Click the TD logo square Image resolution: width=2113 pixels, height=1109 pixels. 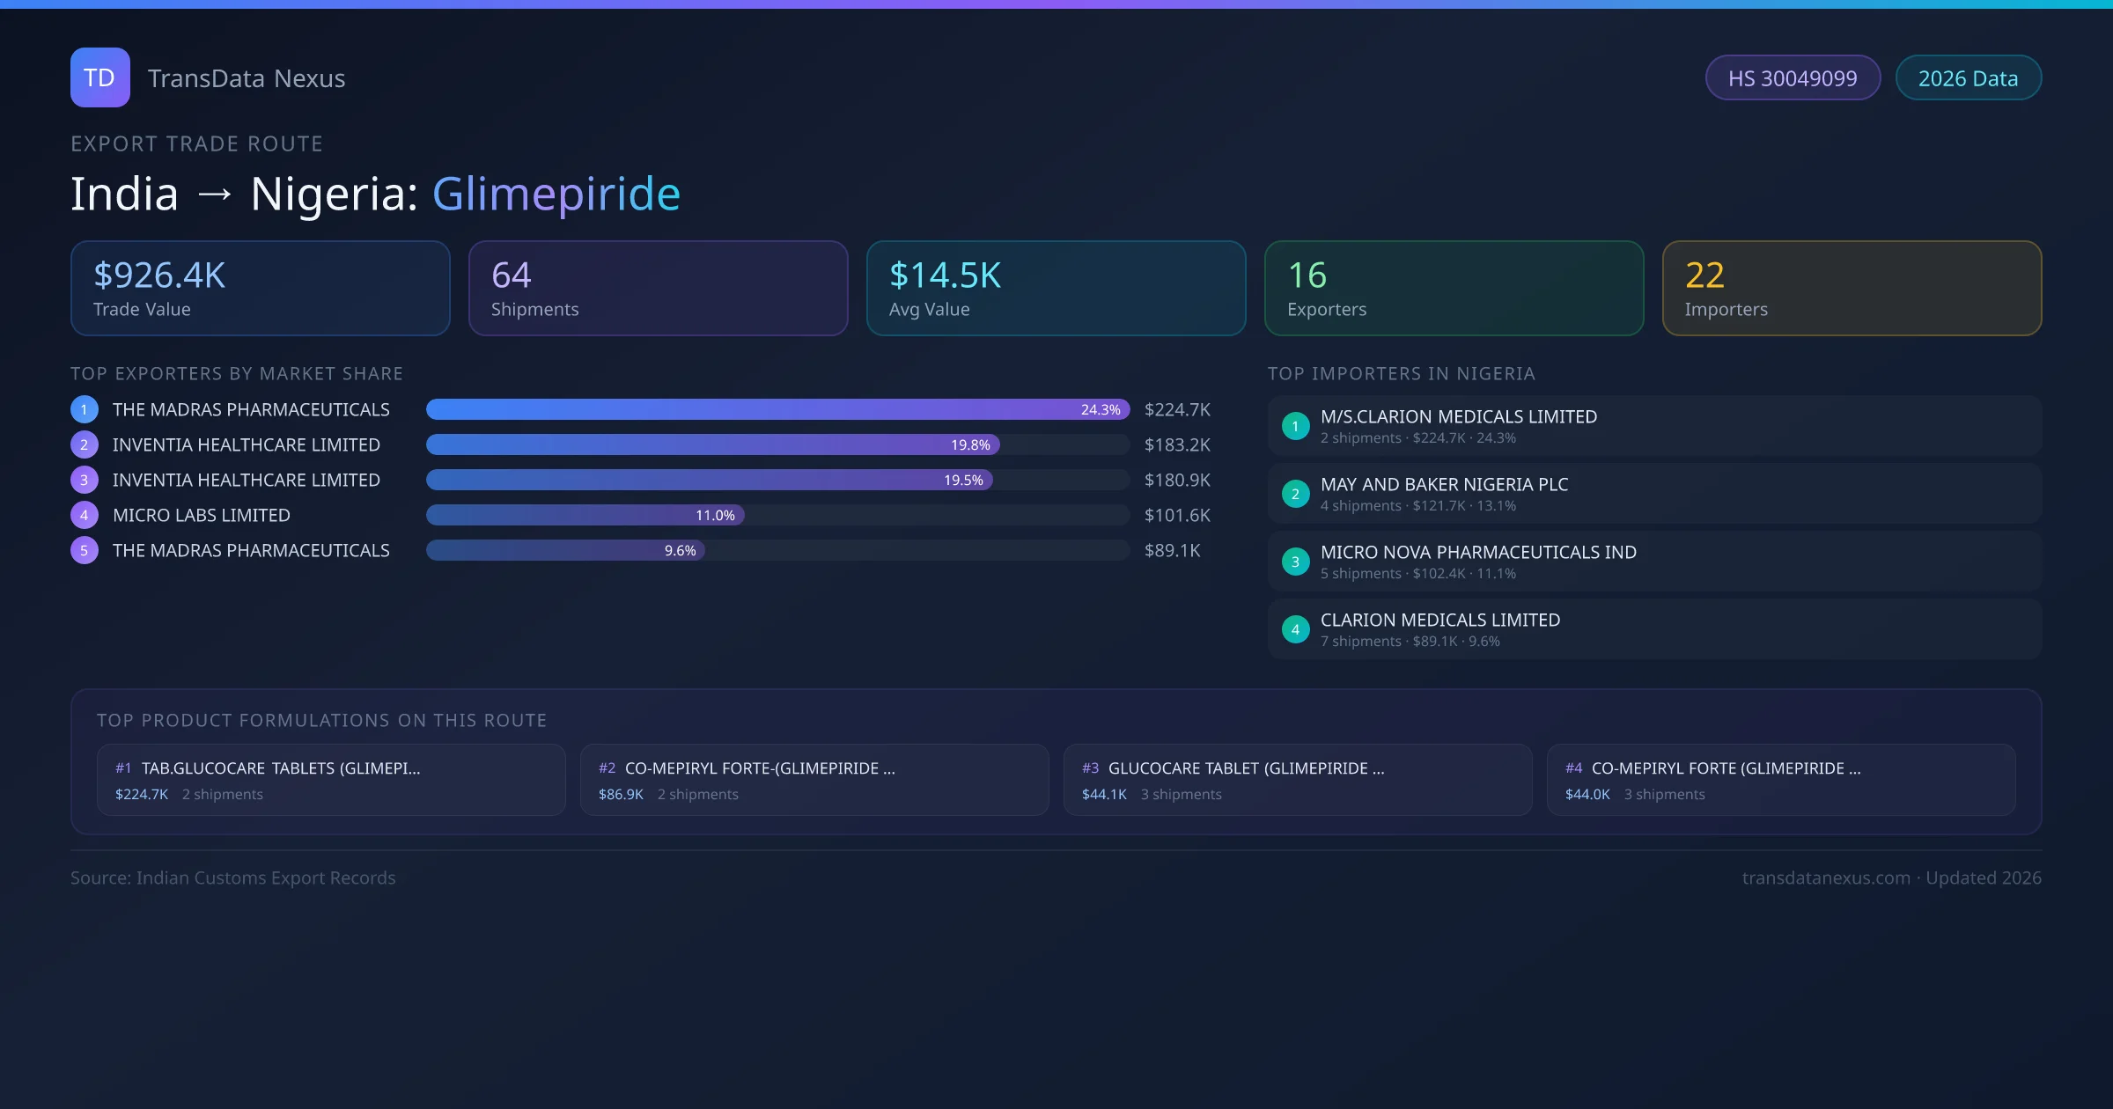99,77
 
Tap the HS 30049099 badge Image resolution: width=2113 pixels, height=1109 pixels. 1792,78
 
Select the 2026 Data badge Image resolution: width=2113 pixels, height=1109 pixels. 1968,78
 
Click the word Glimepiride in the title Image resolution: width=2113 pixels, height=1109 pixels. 556,194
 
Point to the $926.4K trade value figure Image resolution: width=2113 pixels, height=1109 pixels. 159,275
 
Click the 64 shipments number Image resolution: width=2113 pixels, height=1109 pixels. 511,275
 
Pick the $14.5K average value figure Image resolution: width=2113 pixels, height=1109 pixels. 945,275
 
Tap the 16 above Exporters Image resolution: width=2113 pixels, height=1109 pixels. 1307,275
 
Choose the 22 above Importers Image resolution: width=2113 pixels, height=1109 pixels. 1704,275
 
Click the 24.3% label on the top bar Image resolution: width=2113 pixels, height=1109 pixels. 1101,409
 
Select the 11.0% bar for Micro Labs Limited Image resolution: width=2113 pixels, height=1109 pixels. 585,515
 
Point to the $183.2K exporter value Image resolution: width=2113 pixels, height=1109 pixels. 1177,444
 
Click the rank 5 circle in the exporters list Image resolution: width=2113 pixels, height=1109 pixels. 85,550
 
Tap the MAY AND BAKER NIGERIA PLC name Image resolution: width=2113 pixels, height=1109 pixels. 1444,484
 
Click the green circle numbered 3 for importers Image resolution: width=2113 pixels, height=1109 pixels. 1295,562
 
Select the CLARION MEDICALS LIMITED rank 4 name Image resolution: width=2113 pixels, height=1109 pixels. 1440,620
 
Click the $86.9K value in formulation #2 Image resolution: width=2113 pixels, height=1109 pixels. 621,794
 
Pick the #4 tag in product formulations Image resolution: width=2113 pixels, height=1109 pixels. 1573,768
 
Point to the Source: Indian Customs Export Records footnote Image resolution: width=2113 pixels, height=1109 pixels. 233,878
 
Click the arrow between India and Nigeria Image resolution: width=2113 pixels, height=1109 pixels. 215,194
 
